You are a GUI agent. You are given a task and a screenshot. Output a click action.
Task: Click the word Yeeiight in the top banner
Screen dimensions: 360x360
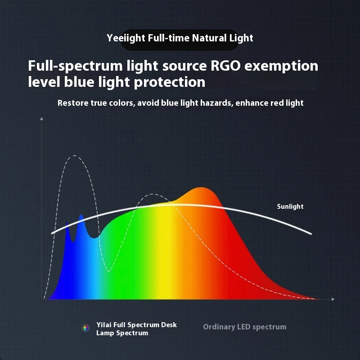click(x=126, y=38)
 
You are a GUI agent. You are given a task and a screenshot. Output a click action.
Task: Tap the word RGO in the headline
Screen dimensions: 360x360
click(x=225, y=66)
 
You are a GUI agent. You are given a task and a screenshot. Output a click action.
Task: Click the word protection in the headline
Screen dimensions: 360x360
click(x=170, y=82)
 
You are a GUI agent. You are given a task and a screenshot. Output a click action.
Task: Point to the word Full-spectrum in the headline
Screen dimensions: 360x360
click(x=76, y=66)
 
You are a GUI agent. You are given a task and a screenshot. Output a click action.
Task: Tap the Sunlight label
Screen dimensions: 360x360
click(x=290, y=207)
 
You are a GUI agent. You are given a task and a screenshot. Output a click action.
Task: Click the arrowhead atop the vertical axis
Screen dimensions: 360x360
click(x=41, y=119)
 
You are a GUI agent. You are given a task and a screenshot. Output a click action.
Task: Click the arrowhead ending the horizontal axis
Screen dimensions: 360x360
click(x=333, y=299)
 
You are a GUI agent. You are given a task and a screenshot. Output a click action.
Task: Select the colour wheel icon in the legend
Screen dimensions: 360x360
click(x=86, y=328)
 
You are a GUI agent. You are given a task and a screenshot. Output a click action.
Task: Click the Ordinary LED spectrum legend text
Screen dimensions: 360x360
click(x=245, y=327)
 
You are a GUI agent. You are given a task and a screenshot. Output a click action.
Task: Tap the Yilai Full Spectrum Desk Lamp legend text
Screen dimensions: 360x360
click(x=136, y=329)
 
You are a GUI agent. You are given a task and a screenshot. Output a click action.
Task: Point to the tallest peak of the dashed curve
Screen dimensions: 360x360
click(x=74, y=156)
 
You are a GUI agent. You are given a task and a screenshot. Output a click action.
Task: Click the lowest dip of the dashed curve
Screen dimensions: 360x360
click(x=108, y=271)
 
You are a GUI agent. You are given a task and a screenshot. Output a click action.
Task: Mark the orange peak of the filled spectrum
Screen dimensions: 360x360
click(x=201, y=188)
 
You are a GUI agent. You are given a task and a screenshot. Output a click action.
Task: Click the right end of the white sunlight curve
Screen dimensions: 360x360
click(x=311, y=234)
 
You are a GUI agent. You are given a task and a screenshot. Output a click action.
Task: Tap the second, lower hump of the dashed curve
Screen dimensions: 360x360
click(x=153, y=194)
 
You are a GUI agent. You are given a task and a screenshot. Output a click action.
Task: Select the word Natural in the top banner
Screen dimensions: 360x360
click(x=209, y=38)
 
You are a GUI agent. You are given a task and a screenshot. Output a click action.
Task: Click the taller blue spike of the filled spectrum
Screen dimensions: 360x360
click(x=81, y=215)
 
